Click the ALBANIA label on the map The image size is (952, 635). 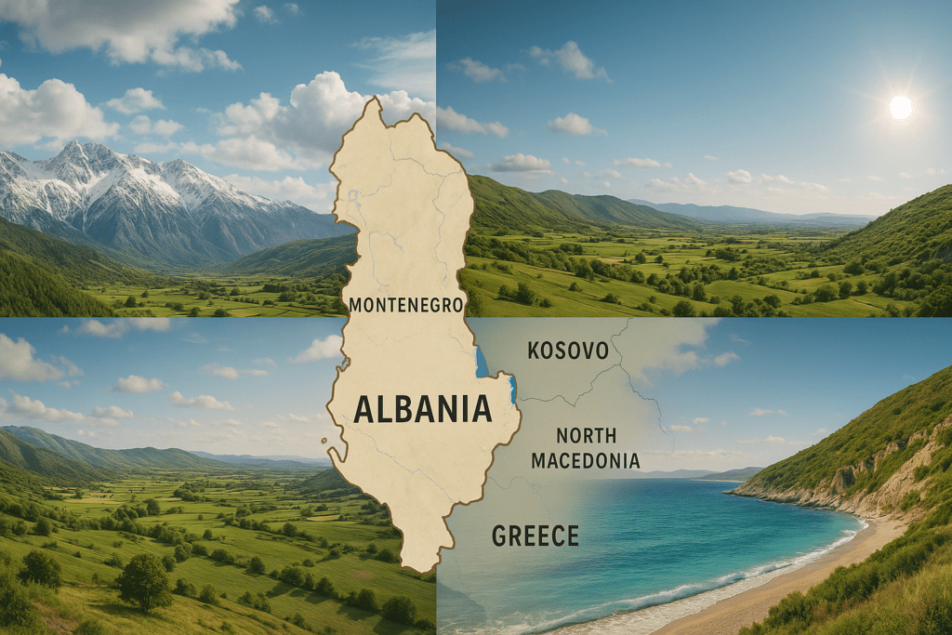click(x=422, y=408)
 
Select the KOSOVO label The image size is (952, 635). click(x=568, y=351)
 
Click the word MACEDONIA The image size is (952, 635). click(x=586, y=460)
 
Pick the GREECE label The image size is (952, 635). click(x=535, y=536)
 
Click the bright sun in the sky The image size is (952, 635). click(x=900, y=107)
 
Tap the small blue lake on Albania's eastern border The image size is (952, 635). click(x=512, y=388)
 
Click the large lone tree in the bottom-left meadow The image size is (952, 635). click(x=143, y=580)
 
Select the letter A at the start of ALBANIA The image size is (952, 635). click(x=364, y=409)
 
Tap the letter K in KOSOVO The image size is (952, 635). click(x=535, y=351)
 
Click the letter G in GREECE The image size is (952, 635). click(x=499, y=536)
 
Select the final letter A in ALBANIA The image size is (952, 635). click(x=482, y=409)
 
